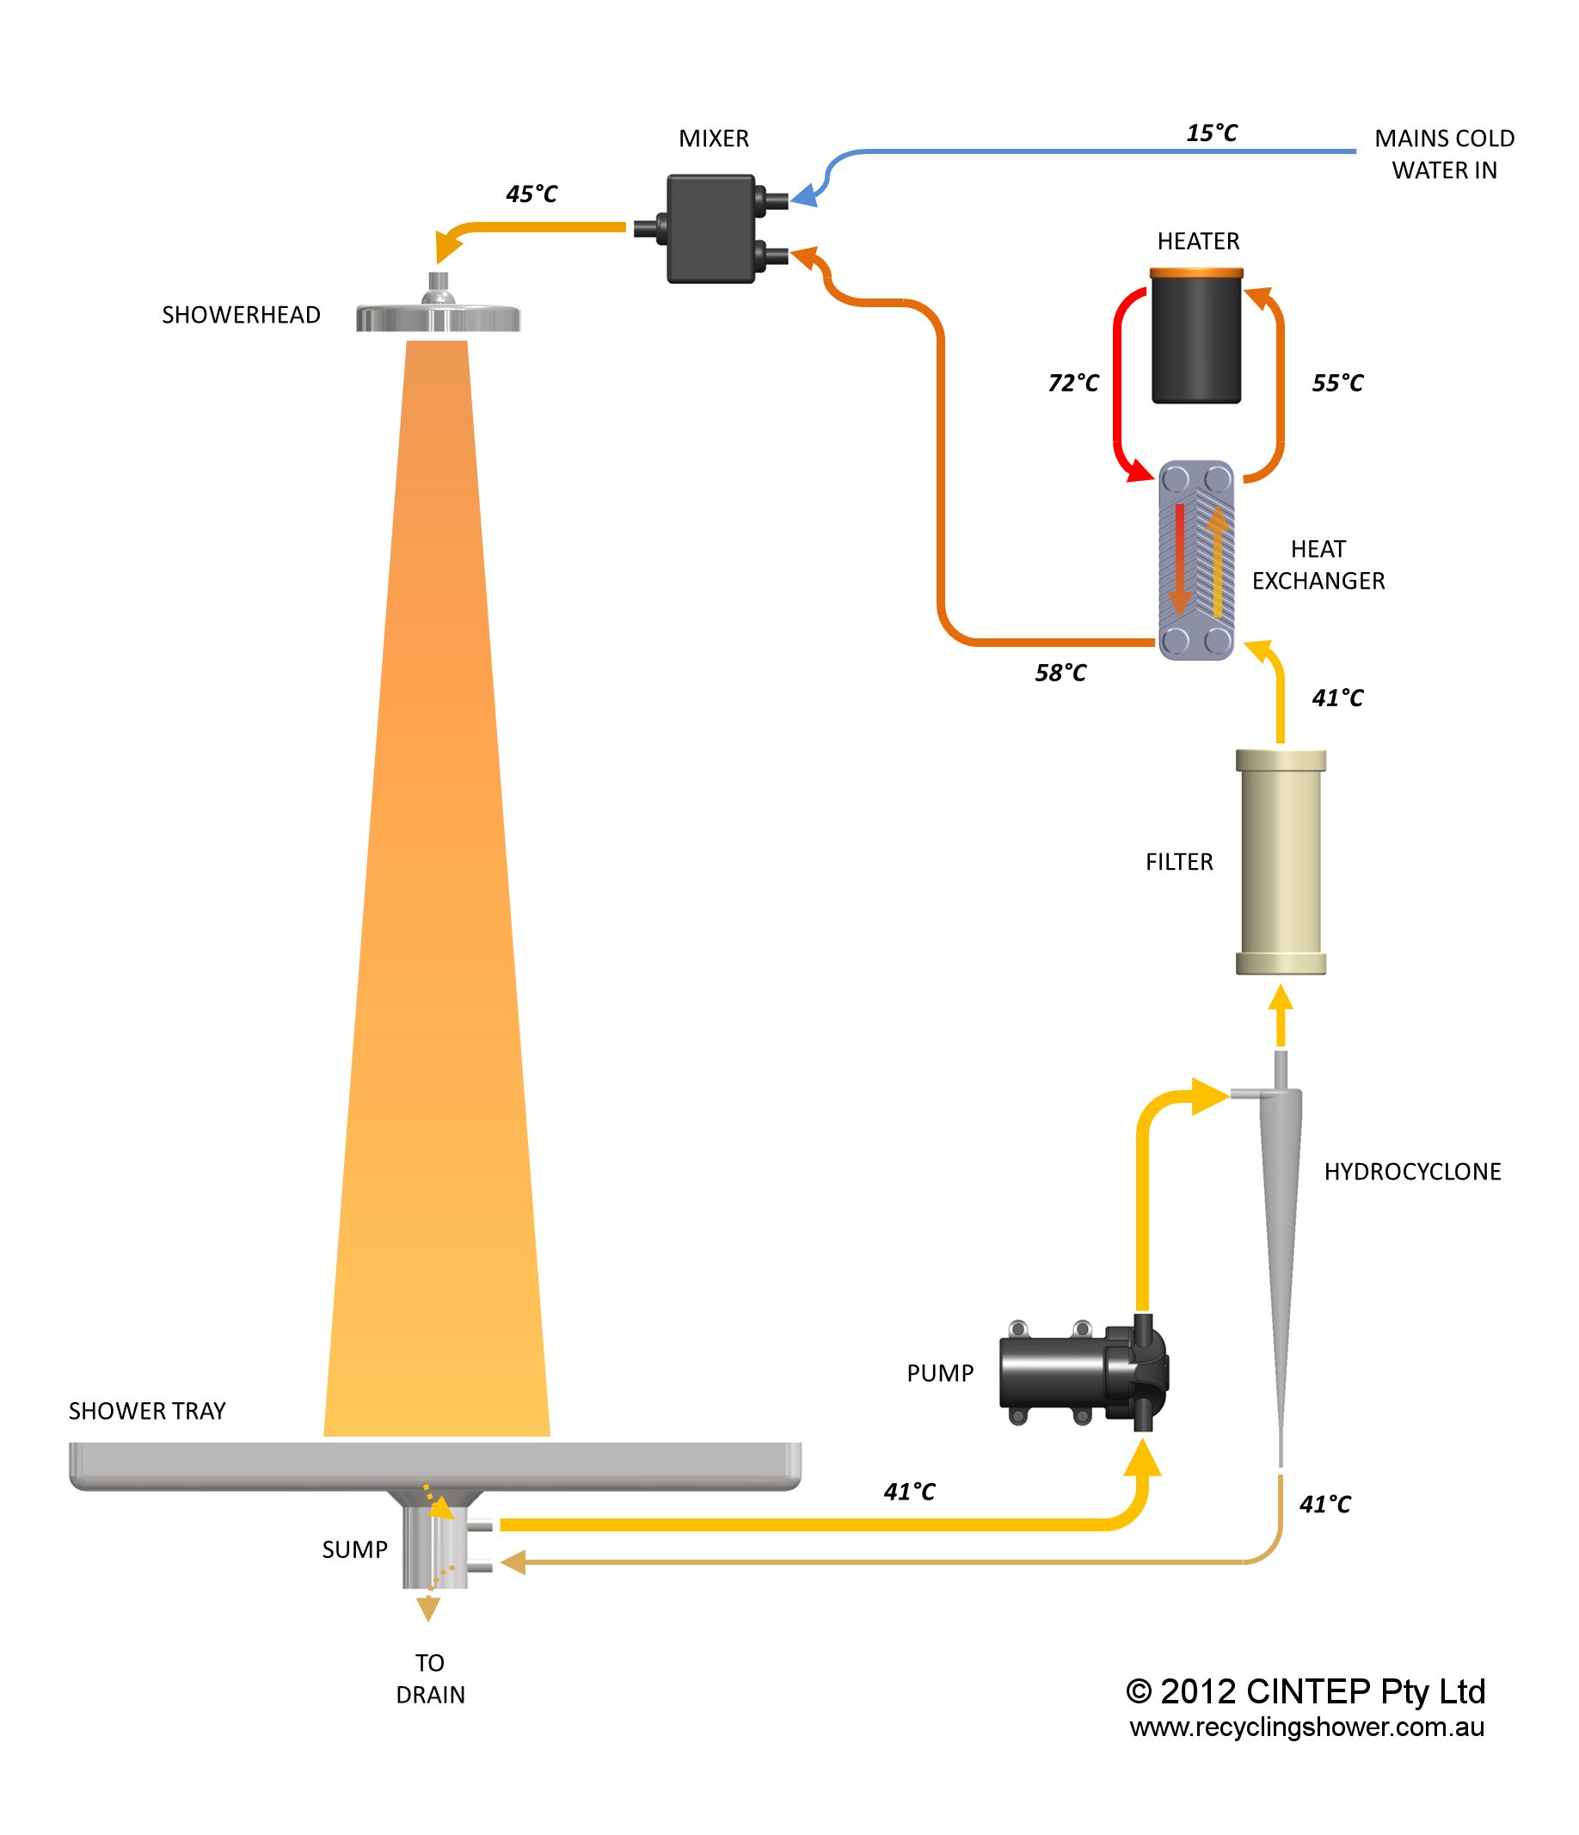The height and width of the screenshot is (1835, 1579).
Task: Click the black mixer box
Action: tap(711, 229)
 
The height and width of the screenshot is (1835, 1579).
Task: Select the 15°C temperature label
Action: tap(1212, 132)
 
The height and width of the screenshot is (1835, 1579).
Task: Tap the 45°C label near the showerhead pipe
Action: tap(531, 194)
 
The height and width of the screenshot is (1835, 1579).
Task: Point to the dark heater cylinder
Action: tap(1196, 336)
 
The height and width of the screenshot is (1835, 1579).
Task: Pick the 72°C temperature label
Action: tap(1073, 383)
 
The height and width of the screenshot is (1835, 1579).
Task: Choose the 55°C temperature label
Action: tap(1337, 383)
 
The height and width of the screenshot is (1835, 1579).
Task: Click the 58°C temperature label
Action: tap(1060, 673)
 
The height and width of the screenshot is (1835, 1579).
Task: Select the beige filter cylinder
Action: tap(1281, 862)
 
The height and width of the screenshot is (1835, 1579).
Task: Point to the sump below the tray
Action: tap(434, 1545)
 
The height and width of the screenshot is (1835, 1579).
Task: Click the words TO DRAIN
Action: tap(430, 1679)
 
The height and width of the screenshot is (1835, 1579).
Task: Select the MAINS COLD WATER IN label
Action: tap(1444, 154)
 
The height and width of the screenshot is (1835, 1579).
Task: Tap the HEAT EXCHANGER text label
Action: tap(1318, 565)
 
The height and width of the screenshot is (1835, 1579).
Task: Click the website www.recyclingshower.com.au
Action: tap(1306, 1727)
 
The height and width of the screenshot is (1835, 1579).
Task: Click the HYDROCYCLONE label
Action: tap(1412, 1172)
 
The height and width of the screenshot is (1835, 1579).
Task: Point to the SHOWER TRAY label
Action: tap(147, 1411)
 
